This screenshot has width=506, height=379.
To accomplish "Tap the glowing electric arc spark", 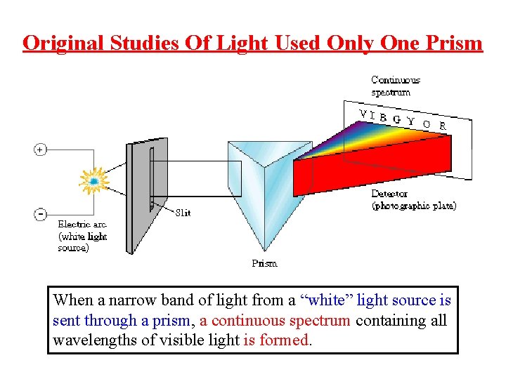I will (x=93, y=181).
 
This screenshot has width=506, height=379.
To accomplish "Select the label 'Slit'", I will (x=182, y=213).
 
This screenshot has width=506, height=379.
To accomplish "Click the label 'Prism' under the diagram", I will (x=264, y=264).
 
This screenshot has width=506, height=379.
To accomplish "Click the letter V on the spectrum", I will (x=362, y=114).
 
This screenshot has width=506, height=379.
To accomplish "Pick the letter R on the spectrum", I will (x=442, y=126).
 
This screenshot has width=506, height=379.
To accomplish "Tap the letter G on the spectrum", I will (x=397, y=119).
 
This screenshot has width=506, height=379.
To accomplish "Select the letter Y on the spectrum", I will (x=410, y=121).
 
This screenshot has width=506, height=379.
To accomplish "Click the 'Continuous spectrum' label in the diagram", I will (x=395, y=86).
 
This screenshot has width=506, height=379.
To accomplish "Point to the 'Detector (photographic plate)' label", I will (x=413, y=200).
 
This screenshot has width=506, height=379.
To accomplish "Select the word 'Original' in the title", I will (x=63, y=44).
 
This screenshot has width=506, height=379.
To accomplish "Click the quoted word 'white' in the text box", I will (x=327, y=300).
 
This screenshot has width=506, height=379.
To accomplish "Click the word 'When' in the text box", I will (x=72, y=300).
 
